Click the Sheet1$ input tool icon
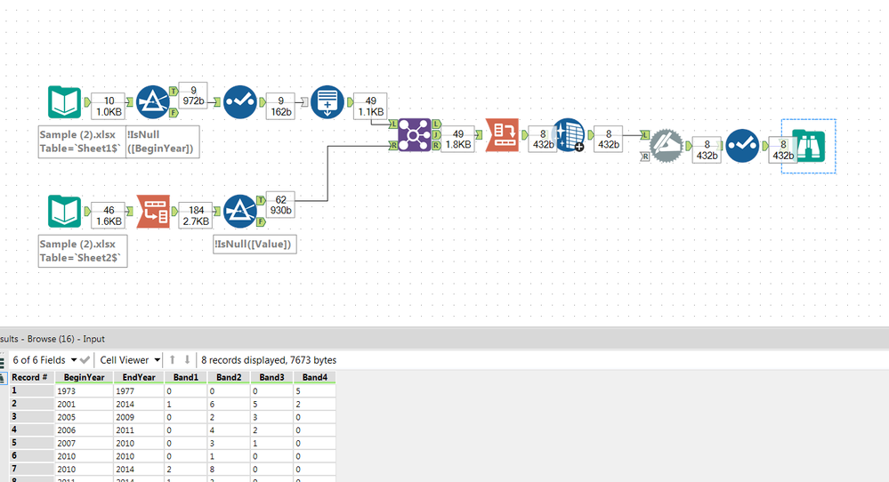(x=65, y=103)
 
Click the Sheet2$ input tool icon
(x=65, y=213)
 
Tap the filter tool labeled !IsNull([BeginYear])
(x=154, y=103)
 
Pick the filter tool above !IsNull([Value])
(x=240, y=213)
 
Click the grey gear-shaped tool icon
(x=667, y=145)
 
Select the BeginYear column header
(x=84, y=377)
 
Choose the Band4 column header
(x=314, y=377)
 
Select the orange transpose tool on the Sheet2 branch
(x=152, y=213)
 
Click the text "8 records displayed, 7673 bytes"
(x=269, y=360)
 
